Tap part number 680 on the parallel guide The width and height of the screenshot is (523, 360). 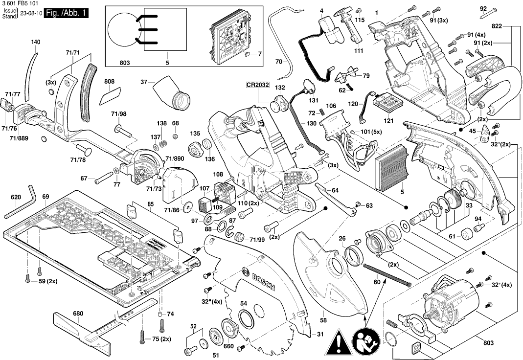click(x=78, y=314)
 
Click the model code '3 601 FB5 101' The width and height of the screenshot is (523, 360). click(x=21, y=4)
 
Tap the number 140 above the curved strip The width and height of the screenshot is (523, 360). click(x=35, y=42)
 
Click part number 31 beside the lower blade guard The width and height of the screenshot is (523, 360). click(x=320, y=335)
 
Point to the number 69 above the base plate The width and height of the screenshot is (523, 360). click(x=45, y=196)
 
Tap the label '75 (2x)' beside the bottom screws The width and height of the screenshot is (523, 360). click(x=161, y=339)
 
